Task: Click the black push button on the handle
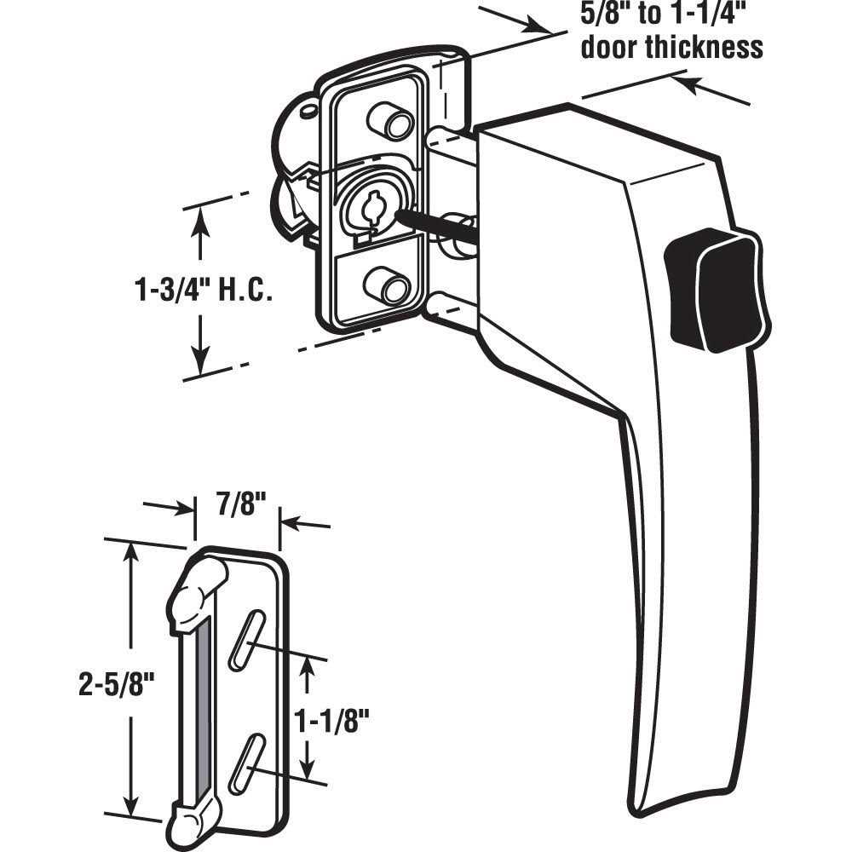tap(714, 291)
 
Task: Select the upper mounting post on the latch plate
tap(392, 121)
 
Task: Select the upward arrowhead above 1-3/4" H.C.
tap(200, 216)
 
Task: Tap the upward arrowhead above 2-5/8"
tap(130, 552)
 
